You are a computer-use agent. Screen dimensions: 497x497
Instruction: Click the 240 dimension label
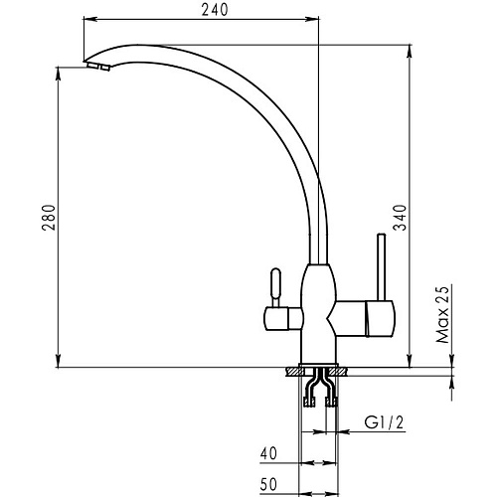pos(215,10)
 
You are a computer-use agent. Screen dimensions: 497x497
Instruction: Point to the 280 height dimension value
pos(49,218)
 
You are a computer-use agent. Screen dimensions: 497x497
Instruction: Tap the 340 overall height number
pos(400,218)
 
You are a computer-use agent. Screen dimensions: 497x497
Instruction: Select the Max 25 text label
pos(442,314)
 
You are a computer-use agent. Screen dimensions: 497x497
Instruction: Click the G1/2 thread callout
pos(385,422)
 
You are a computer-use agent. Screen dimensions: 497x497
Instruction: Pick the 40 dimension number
pos(268,453)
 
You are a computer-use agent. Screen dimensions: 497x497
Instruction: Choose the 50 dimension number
pos(268,484)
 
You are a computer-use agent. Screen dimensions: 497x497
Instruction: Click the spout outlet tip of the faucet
pos(96,66)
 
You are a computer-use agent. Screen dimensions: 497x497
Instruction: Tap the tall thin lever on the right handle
pos(382,267)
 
